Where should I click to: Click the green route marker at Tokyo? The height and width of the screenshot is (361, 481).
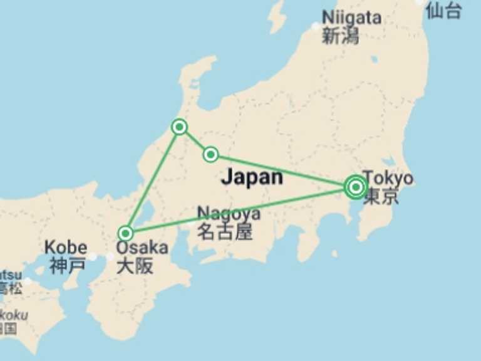356,187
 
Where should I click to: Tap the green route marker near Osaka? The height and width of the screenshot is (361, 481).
126,233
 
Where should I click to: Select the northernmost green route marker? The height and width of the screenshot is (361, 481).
180,127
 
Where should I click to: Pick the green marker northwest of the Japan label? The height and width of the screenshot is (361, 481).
211,154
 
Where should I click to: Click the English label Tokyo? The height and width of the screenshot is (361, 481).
388,178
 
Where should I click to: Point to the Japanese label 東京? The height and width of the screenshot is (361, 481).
381,197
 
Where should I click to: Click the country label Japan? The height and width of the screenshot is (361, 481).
252,177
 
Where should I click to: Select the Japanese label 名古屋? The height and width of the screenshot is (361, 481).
225,233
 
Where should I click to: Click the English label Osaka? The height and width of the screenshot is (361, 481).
142,248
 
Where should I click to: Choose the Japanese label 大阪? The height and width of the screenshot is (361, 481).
135,266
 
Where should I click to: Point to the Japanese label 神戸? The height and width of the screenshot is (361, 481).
67,266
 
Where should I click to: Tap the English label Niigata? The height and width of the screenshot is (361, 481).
351,18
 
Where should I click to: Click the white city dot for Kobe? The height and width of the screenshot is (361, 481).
93,257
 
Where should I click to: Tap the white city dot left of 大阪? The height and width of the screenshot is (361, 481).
110,257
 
